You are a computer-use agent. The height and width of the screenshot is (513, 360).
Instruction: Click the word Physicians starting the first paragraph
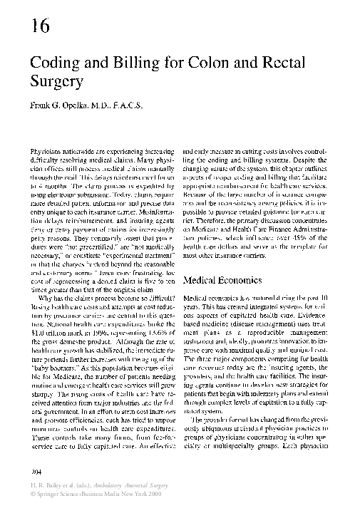click(47, 153)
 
